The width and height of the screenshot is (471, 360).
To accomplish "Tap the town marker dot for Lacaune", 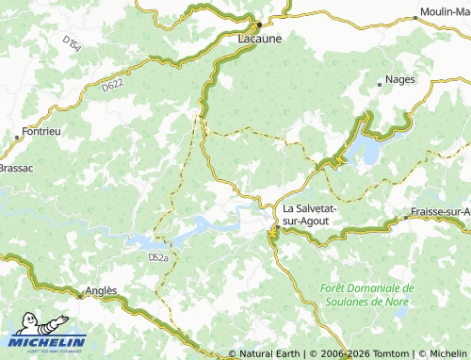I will tap(259, 24).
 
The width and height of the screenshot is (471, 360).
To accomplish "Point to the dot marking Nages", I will tap(382, 83).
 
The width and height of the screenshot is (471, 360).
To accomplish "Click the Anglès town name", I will tap(101, 291).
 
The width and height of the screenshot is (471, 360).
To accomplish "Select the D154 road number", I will tap(72, 42).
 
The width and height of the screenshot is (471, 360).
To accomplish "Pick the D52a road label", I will tap(157, 256).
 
